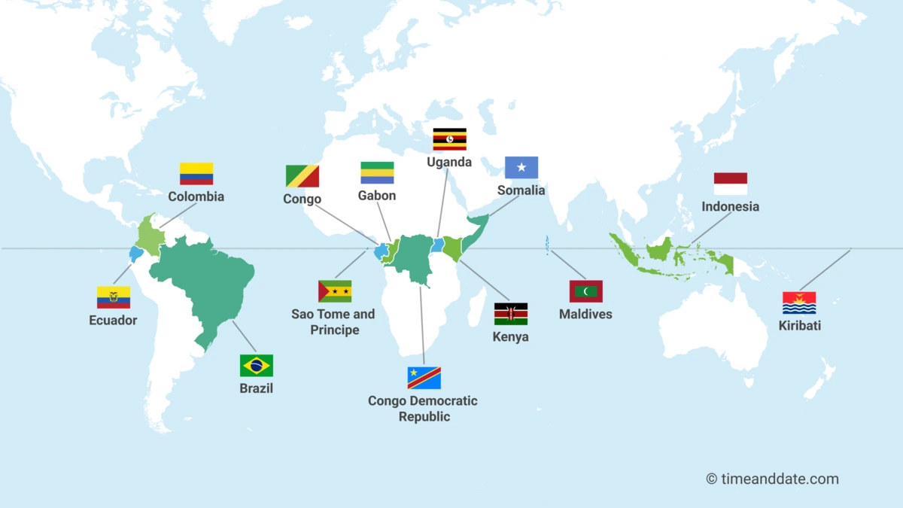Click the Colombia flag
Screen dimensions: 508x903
(196, 174)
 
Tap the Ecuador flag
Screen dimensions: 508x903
(113, 297)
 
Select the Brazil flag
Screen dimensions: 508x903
(256, 366)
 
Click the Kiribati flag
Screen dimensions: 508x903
(799, 303)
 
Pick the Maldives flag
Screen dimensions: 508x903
(585, 291)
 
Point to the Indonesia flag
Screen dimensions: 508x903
(730, 184)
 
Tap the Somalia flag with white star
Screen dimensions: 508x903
(521, 167)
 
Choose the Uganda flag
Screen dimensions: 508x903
(449, 139)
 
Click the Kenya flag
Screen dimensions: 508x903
(510, 314)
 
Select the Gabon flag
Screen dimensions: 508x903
(377, 173)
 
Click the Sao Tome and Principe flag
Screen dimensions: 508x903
(335, 291)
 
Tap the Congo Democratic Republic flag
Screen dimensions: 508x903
(424, 378)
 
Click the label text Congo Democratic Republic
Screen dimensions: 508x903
(423, 409)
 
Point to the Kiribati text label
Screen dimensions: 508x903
(799, 326)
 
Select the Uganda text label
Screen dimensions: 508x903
(449, 162)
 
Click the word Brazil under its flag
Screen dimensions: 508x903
(256, 388)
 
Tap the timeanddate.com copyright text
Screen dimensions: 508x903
(772, 479)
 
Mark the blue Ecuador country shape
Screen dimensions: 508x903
(136, 254)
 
